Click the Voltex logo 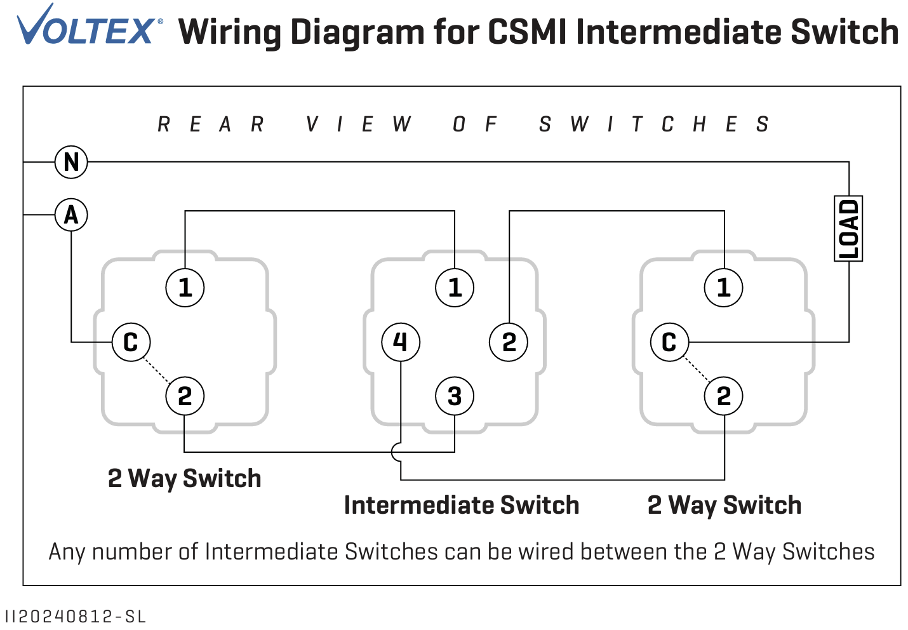(89, 27)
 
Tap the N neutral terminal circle (71, 162)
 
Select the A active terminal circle (71, 215)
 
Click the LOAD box (848, 229)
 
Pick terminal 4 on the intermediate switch (400, 342)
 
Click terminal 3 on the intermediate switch (454, 396)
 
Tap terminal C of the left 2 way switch (131, 342)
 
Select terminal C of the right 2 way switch (669, 342)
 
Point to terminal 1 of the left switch (185, 288)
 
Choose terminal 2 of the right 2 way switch (723, 396)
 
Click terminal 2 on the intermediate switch (509, 342)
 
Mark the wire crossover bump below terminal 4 (397, 452)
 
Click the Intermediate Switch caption (462, 505)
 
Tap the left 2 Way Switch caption (184, 478)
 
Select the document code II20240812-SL (75, 617)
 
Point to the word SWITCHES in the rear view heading (654, 124)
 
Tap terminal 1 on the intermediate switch (454, 288)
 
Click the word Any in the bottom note (67, 552)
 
